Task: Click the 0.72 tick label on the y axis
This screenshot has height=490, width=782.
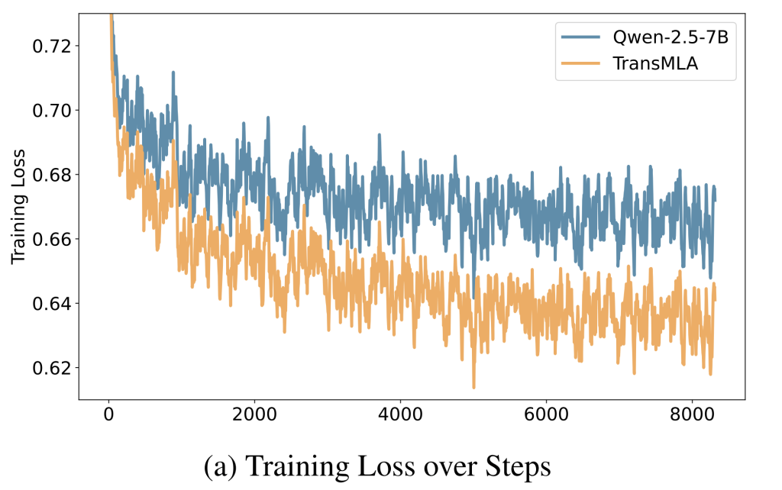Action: (50, 46)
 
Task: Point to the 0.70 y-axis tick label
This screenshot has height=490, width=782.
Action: (50, 110)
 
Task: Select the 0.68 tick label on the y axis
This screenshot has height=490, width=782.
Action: (50, 175)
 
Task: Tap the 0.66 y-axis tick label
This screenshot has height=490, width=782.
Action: (50, 239)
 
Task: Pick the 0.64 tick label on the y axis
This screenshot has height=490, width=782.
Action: (50, 304)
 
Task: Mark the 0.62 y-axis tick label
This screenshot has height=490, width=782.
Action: (50, 368)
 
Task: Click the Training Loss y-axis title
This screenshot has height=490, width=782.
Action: (18, 207)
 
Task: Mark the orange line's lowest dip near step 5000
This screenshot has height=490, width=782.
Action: (473, 386)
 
